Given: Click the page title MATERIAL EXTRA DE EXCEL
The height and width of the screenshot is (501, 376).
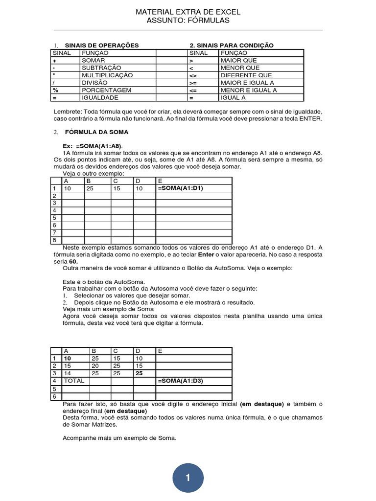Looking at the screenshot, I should click(x=188, y=12).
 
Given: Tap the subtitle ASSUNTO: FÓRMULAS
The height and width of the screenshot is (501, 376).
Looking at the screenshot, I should click(x=188, y=21).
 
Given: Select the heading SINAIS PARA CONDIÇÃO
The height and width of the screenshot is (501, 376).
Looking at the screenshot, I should click(x=232, y=46).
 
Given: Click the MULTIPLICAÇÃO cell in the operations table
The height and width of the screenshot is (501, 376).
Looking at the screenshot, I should click(x=107, y=75).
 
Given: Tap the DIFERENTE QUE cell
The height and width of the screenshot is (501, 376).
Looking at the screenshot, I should click(x=246, y=75).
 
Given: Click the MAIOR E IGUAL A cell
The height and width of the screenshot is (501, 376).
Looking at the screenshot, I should click(x=247, y=83).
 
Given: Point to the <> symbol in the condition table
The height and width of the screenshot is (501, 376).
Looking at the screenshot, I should click(x=194, y=75).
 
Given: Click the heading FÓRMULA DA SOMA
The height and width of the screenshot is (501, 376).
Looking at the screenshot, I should click(x=97, y=132).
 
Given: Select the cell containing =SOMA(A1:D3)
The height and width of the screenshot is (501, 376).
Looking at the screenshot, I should click(x=179, y=380).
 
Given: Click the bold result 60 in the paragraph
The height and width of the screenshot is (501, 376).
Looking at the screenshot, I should click(x=73, y=262).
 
